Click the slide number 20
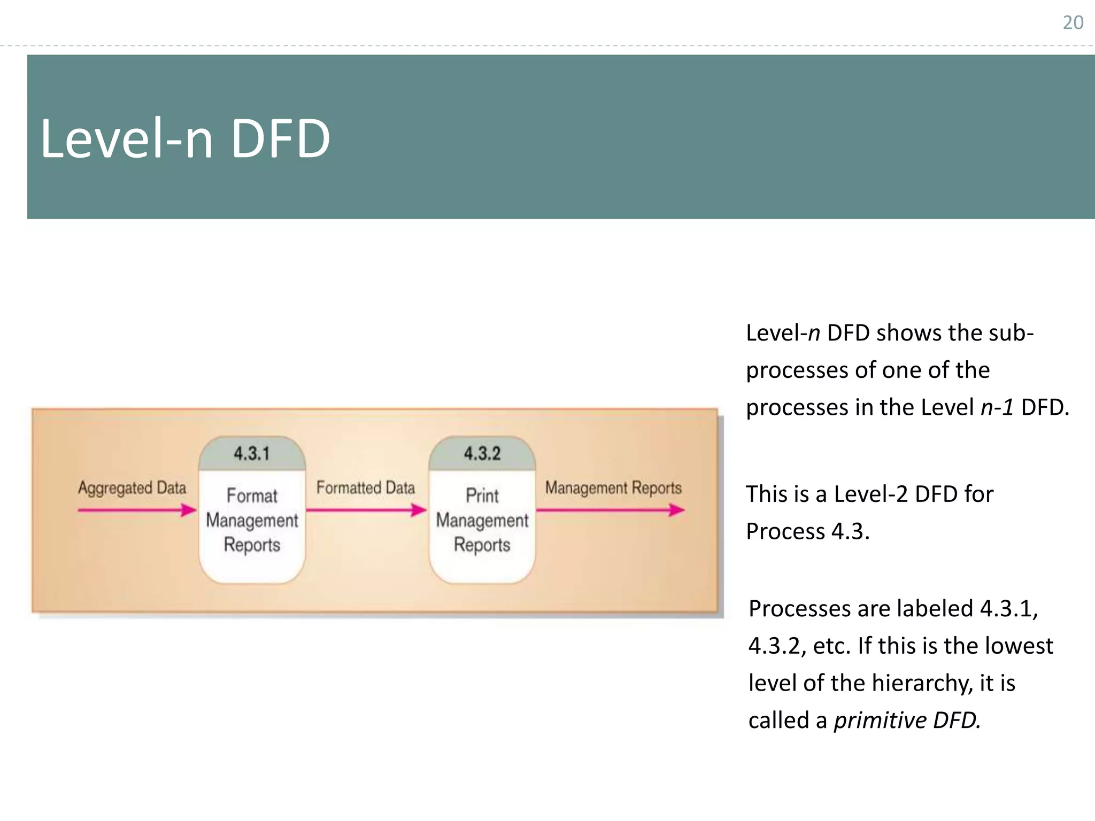pyautogui.click(x=1073, y=22)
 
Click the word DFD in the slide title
pyautogui.click(x=280, y=139)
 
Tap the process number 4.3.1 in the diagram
pyautogui.click(x=252, y=454)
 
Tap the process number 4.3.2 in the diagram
pyautogui.click(x=482, y=454)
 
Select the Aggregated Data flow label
pyautogui.click(x=132, y=488)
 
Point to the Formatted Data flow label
pyautogui.click(x=366, y=487)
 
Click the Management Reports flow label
pyautogui.click(x=613, y=488)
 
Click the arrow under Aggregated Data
pyautogui.click(x=137, y=510)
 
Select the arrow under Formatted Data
pyautogui.click(x=366, y=510)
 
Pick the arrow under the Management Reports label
pyautogui.click(x=610, y=510)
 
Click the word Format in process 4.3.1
pyautogui.click(x=252, y=495)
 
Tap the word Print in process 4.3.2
pyautogui.click(x=482, y=495)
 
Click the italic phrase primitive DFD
pyautogui.click(x=907, y=721)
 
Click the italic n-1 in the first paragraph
pyautogui.click(x=997, y=407)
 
